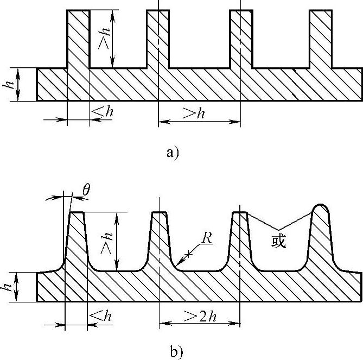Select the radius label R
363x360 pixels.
(x=206, y=237)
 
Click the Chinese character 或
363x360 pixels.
(x=278, y=242)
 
